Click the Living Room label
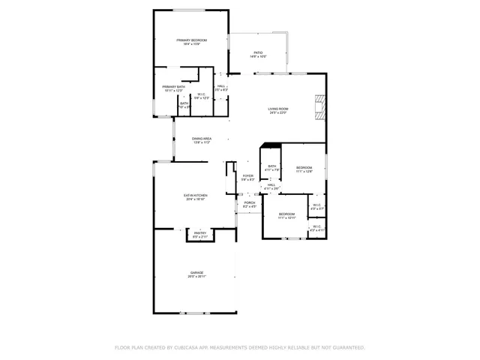click(278, 110)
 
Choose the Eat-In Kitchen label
click(195, 197)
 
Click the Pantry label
click(200, 234)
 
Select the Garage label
click(196, 274)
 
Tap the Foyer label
click(247, 178)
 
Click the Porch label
click(249, 204)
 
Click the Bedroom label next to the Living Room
click(304, 169)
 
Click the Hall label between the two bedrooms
click(271, 186)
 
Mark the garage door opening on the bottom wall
click(196, 312)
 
